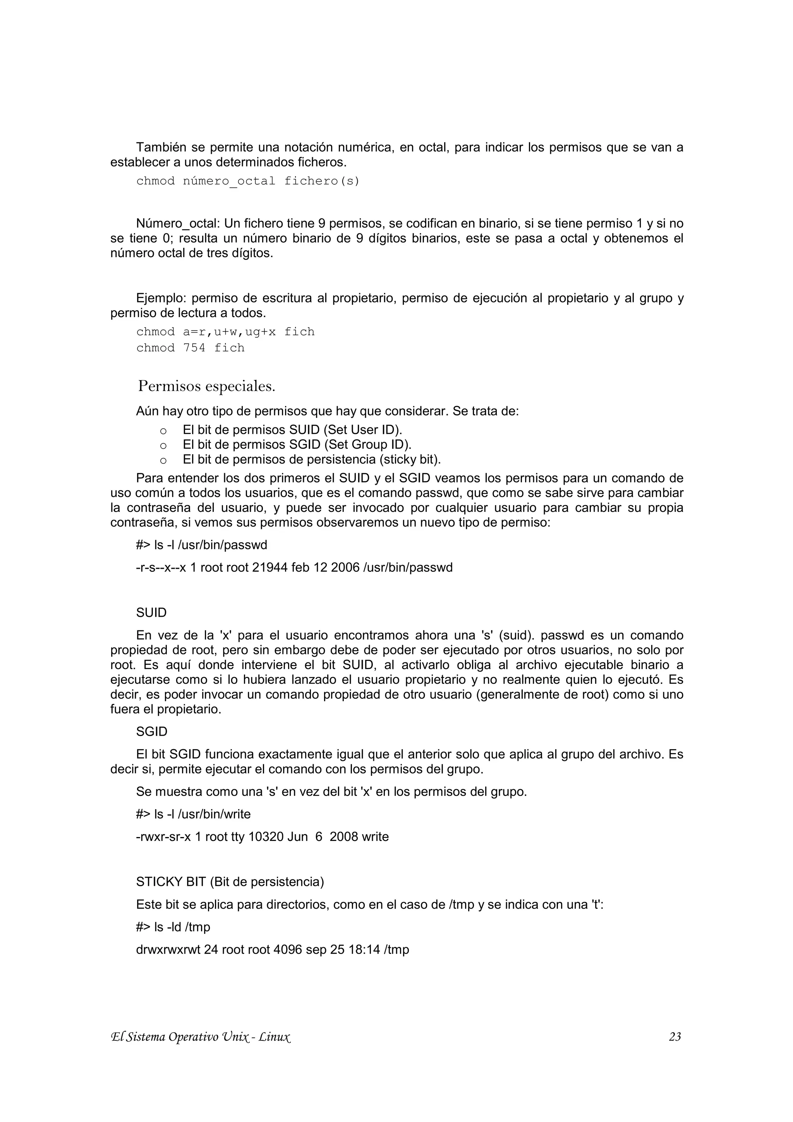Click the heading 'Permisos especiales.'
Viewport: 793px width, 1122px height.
tap(207, 386)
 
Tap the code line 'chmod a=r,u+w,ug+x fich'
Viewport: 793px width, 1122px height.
tap(225, 332)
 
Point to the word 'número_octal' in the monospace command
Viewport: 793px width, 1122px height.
tap(229, 181)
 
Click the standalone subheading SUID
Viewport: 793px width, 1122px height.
tap(151, 613)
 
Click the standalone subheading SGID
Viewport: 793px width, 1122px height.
tap(151, 732)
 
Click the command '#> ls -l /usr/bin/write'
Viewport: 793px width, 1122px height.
tap(194, 814)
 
